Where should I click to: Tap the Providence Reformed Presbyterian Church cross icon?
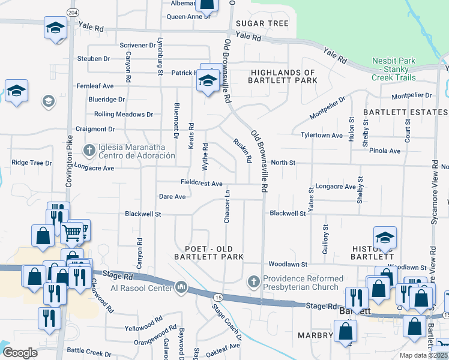[x=253, y=281]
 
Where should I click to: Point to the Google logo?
[x=20, y=353]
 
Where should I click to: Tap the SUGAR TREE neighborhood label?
[x=262, y=23]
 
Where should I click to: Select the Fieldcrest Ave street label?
[x=202, y=183]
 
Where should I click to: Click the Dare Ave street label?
[x=172, y=196]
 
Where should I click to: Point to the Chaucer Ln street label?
[x=227, y=208]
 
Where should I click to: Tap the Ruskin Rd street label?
[x=241, y=151]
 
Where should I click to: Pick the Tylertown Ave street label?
[x=322, y=135]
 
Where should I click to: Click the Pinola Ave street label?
[x=385, y=151]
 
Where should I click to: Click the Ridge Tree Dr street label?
[x=32, y=163]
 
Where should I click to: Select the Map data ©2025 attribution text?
[x=423, y=355]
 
